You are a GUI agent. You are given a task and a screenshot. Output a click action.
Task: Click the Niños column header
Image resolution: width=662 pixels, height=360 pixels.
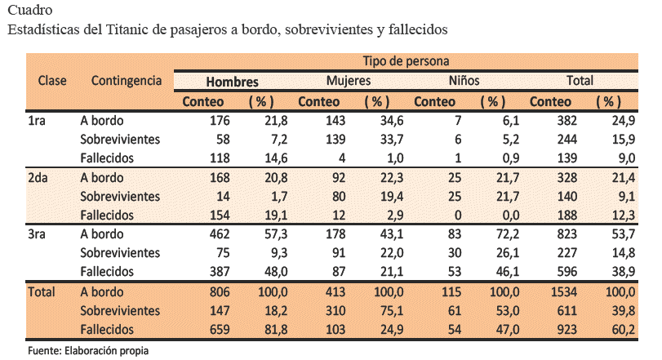point(464,81)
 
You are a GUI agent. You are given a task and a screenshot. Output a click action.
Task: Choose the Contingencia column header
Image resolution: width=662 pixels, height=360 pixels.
point(127,81)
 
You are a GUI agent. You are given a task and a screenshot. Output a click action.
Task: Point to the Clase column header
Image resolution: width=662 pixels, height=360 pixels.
point(52,81)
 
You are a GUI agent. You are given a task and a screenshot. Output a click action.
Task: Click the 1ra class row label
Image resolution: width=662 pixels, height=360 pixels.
point(37,121)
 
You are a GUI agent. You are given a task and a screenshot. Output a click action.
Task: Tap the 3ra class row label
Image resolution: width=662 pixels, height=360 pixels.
point(38,234)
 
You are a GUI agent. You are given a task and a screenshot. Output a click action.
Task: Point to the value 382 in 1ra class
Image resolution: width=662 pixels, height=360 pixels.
point(558,121)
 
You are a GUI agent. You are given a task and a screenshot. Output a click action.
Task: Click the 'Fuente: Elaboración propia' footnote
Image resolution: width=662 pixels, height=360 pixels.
point(88,350)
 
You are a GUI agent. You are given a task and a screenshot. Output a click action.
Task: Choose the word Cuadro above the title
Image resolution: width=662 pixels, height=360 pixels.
point(27,11)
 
